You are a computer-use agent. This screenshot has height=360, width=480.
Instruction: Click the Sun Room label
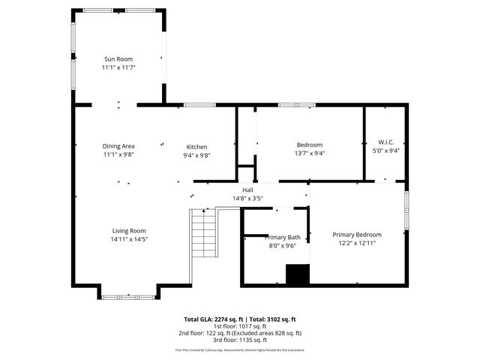pyautogui.click(x=118, y=58)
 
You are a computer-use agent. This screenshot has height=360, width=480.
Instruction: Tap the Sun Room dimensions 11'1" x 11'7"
pyautogui.click(x=118, y=67)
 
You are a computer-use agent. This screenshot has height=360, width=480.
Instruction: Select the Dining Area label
pyautogui.click(x=118, y=145)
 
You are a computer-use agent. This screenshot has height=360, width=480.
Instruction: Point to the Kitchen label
pyautogui.click(x=197, y=147)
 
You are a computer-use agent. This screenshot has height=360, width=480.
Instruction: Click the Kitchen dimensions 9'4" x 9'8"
pyautogui.click(x=197, y=155)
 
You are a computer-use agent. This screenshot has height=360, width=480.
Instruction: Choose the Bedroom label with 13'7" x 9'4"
pyautogui.click(x=310, y=145)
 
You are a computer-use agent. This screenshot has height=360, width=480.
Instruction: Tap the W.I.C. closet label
pyautogui.click(x=386, y=142)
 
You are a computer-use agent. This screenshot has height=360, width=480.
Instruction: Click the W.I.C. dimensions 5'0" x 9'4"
pyautogui.click(x=386, y=150)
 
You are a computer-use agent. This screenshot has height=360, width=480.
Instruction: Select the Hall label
pyautogui.click(x=247, y=190)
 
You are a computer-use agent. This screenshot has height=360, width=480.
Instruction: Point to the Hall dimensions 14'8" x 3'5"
pyautogui.click(x=247, y=199)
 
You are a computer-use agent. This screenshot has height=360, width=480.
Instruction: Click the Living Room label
pyautogui.click(x=129, y=231)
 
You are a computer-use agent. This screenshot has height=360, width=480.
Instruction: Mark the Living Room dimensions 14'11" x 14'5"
pyautogui.click(x=129, y=239)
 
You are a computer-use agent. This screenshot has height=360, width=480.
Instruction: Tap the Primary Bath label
pyautogui.click(x=282, y=237)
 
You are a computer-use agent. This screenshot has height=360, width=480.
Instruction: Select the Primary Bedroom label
pyautogui.click(x=357, y=234)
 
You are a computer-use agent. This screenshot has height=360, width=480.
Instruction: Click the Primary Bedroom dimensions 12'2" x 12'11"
pyautogui.click(x=357, y=243)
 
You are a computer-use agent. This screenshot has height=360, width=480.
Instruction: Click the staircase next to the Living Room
pyautogui.click(x=201, y=233)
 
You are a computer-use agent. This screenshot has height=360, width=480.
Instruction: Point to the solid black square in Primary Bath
pyautogui.click(x=298, y=274)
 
